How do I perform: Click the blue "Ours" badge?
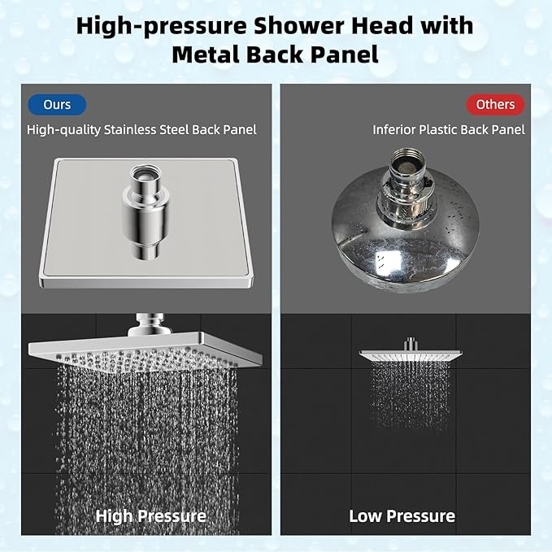point(57,105)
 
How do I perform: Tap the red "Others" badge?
point(495,105)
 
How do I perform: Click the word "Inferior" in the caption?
point(398,129)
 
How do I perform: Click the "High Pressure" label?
point(150,515)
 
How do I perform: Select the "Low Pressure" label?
point(402,515)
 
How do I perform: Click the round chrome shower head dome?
point(402,236)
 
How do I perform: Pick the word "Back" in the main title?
point(298,56)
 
